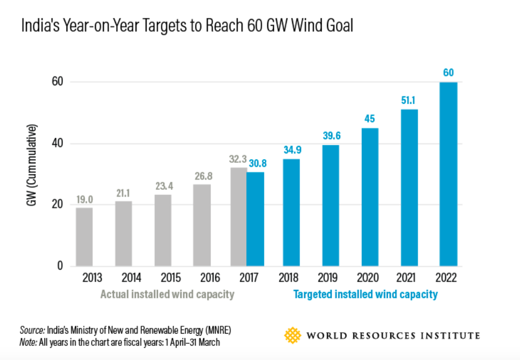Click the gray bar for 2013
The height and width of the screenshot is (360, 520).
point(84,237)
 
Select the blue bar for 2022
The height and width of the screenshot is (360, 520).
point(448,174)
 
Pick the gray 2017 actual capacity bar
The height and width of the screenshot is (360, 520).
point(238,217)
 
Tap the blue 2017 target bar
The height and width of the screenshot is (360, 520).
point(255,219)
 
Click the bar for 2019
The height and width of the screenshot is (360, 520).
point(331,205)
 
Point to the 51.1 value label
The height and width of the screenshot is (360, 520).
point(409,100)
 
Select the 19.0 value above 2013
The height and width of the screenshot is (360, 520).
point(84,199)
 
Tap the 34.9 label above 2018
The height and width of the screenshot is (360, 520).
point(292,150)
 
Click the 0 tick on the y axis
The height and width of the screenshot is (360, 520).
point(60,266)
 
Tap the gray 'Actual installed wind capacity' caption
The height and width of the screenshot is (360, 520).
point(167,295)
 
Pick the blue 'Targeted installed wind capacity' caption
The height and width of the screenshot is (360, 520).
point(365,295)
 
